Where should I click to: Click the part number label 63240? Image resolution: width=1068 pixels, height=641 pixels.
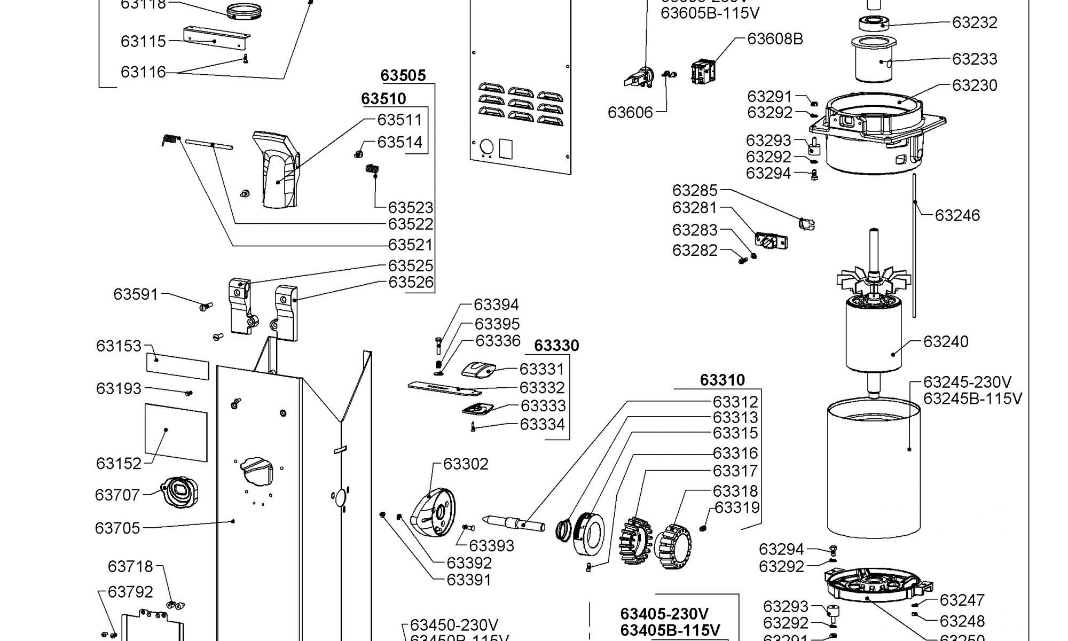[x=946, y=341]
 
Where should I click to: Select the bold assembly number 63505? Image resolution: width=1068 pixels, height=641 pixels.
[x=403, y=75]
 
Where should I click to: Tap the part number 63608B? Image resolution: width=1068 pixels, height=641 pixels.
[x=775, y=39]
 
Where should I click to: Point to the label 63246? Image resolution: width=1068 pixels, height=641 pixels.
[x=957, y=215]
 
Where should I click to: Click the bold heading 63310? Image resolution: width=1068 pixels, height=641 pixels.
[x=722, y=380]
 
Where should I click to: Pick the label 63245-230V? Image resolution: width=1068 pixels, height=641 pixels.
[x=967, y=382]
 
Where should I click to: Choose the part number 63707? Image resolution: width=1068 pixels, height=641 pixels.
[x=117, y=495]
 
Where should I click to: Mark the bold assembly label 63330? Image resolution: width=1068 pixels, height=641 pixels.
[x=556, y=346]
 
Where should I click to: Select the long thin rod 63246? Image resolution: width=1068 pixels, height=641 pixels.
[x=914, y=246]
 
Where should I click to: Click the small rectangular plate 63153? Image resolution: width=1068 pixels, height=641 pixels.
[x=177, y=365]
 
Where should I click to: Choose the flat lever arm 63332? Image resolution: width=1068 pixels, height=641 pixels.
[x=443, y=388]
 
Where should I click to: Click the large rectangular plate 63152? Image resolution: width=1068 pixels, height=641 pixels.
[x=176, y=432]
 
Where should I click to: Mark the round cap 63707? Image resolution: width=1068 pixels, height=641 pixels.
[x=180, y=491]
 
